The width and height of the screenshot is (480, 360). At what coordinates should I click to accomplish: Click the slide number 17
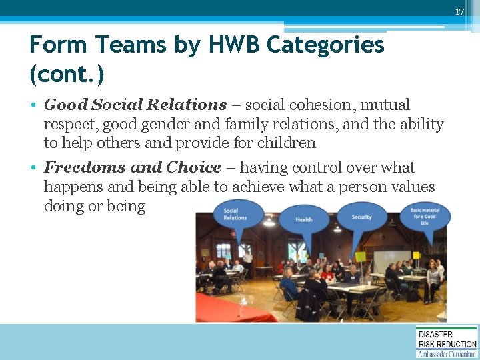pyautogui.click(x=459, y=12)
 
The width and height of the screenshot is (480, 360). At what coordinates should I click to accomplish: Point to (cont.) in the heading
pyautogui.click(x=67, y=73)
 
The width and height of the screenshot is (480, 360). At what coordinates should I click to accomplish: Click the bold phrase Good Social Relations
pyautogui.click(x=135, y=105)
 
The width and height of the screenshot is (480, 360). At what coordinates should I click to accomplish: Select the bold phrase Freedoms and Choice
pyautogui.click(x=132, y=167)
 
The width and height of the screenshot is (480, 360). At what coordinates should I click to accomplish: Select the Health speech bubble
pyautogui.click(x=304, y=219)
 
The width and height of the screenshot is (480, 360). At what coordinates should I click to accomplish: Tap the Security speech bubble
pyautogui.click(x=362, y=217)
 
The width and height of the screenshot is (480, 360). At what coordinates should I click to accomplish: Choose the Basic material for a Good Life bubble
pyautogui.click(x=425, y=217)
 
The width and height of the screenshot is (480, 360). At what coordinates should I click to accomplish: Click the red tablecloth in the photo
pyautogui.click(x=220, y=308)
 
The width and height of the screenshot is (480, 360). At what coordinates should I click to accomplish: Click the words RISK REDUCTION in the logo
pyautogui.click(x=447, y=343)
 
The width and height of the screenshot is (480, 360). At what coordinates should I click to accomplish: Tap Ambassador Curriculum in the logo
pyautogui.click(x=447, y=354)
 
